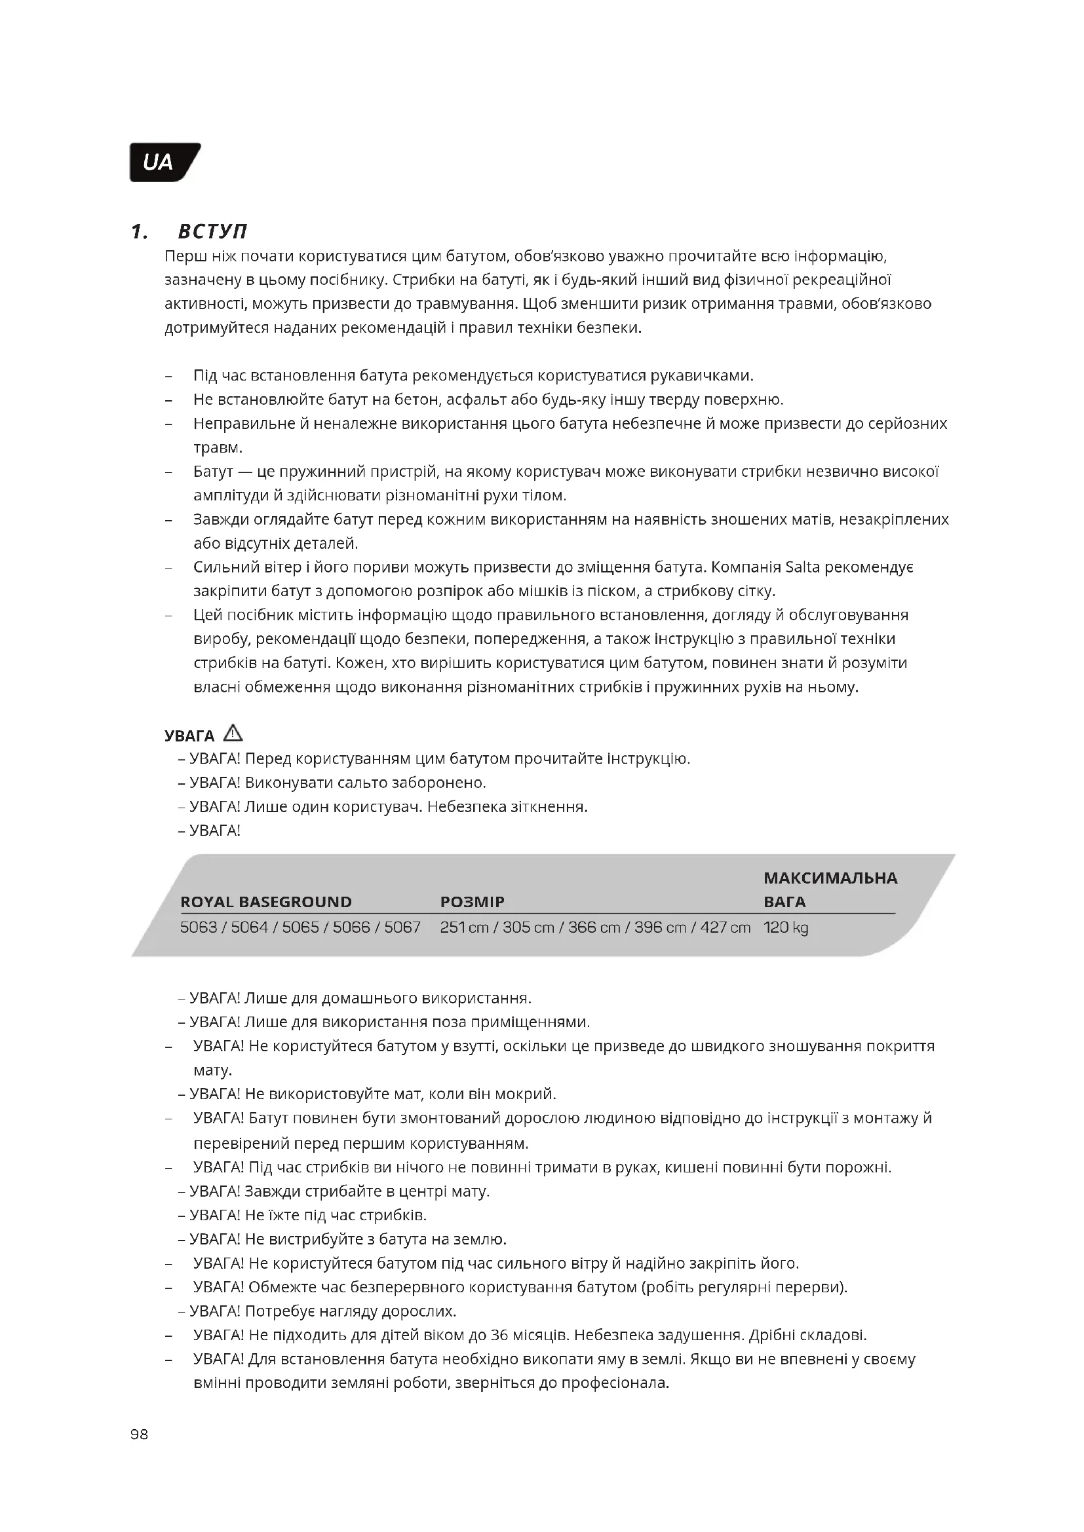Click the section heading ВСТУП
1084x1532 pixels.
pyautogui.click(x=212, y=231)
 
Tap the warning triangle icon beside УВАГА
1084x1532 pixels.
pyautogui.click(x=233, y=734)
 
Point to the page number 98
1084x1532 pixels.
pyautogui.click(x=140, y=1434)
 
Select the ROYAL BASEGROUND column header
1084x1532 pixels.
pyautogui.click(x=265, y=901)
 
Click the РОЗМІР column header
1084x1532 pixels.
pyautogui.click(x=472, y=901)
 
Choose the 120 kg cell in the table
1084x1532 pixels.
pyautogui.click(x=786, y=927)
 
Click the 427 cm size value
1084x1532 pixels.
pyautogui.click(x=725, y=927)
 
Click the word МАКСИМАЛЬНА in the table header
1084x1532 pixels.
pyautogui.click(x=830, y=878)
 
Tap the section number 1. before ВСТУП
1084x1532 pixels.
pyautogui.click(x=139, y=231)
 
